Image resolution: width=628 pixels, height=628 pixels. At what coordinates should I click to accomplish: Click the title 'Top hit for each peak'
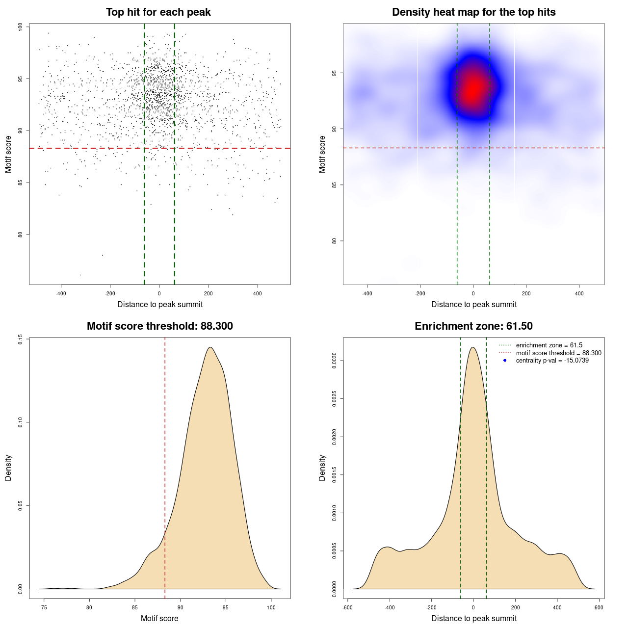(x=158, y=12)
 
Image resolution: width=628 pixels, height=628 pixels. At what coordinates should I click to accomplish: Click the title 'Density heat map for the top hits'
(x=473, y=12)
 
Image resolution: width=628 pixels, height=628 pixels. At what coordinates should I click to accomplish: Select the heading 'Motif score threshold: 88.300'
(x=159, y=326)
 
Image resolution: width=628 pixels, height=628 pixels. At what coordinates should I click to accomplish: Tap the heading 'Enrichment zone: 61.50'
(x=473, y=326)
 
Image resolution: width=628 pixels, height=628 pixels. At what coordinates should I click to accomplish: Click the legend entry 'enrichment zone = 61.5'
(x=549, y=345)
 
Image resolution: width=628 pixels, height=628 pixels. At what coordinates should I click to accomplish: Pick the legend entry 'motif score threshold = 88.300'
(x=558, y=353)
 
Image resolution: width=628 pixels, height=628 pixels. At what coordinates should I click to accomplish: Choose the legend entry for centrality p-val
(x=552, y=361)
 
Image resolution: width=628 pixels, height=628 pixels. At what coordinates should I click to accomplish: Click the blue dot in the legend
(x=505, y=361)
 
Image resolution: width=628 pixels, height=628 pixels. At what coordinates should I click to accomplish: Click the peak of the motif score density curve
(x=210, y=347)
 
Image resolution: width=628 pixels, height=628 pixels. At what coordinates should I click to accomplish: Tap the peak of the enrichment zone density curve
(x=473, y=347)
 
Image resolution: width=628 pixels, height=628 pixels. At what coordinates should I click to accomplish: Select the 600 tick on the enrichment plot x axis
(x=599, y=607)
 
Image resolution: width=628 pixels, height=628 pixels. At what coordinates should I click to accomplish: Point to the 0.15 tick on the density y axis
(x=20, y=340)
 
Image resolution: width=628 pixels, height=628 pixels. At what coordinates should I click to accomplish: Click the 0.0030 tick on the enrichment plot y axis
(x=334, y=361)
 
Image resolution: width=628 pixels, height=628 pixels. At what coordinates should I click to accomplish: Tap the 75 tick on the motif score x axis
(x=44, y=607)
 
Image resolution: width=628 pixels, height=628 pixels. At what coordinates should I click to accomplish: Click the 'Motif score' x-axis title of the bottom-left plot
(x=159, y=618)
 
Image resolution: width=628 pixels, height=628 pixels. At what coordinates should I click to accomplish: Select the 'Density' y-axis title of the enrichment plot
(x=322, y=468)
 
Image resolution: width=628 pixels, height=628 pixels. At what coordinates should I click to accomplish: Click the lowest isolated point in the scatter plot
(x=80, y=275)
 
